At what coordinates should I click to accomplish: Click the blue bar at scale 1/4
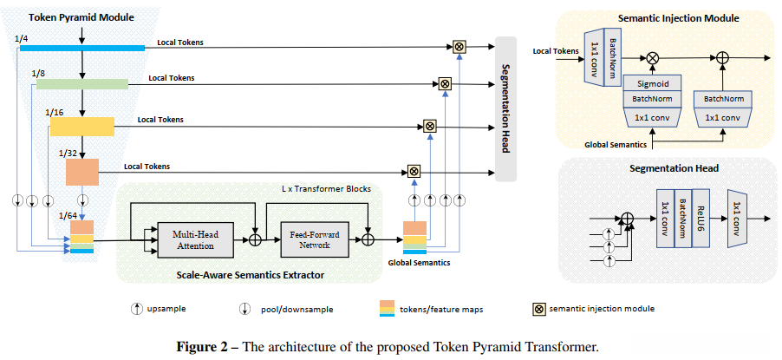[x=82, y=48]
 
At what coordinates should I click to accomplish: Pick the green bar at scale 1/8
[x=82, y=83]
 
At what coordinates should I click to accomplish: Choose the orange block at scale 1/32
[x=82, y=172]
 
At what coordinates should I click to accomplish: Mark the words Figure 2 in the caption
[x=205, y=347]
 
